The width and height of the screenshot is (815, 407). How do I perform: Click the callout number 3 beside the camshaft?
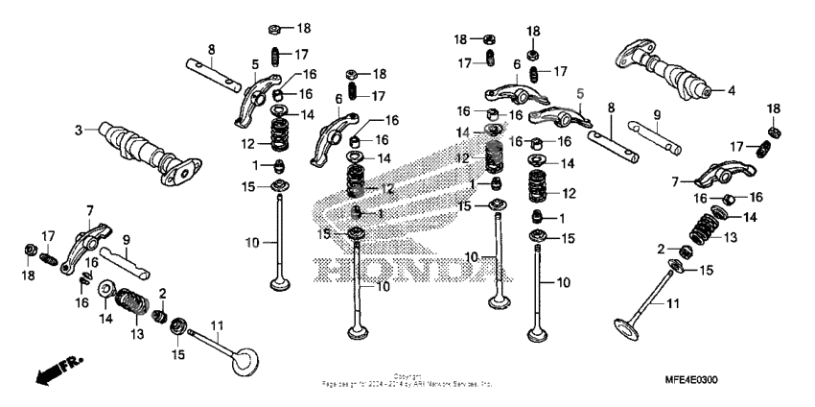80,130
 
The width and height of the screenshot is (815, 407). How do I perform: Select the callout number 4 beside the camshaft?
731,91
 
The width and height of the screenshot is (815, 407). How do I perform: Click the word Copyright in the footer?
407,375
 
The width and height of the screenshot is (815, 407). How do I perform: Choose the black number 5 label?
255,64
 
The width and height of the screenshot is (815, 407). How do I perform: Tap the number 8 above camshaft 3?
211,49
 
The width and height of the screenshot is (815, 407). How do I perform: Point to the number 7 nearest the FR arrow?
90,209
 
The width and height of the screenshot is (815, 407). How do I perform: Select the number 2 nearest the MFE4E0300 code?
662,249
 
